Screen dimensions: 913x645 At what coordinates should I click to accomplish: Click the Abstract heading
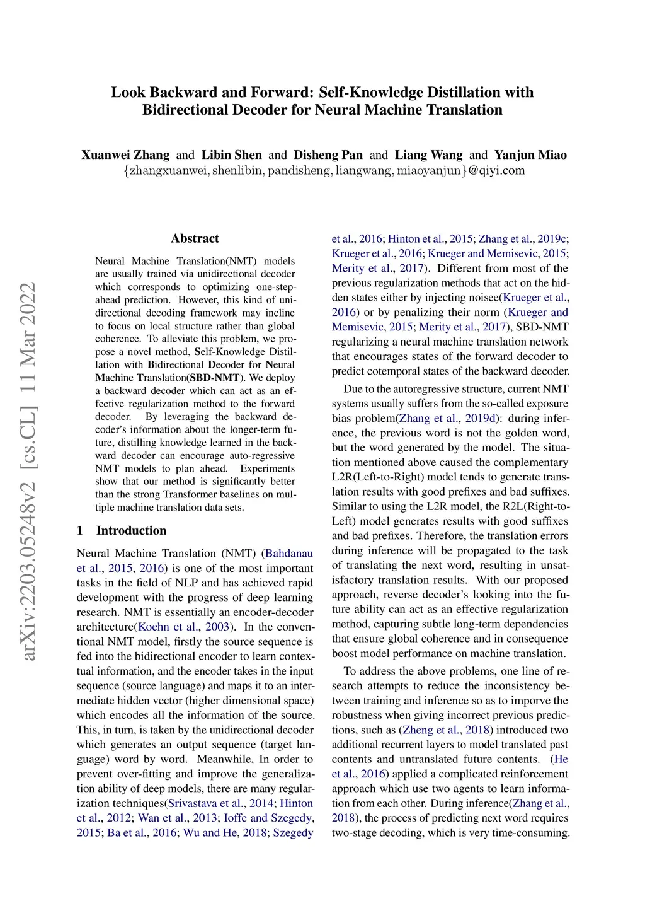(x=195, y=238)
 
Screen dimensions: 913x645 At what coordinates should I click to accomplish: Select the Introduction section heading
(x=131, y=530)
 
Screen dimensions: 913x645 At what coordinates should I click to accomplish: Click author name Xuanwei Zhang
(x=125, y=155)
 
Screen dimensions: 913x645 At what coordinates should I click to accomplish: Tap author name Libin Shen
(x=231, y=155)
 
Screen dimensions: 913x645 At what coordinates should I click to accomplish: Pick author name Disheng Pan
(x=328, y=155)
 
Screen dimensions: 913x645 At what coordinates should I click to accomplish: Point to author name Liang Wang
(x=428, y=155)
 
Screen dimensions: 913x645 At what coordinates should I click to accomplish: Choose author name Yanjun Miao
(x=530, y=155)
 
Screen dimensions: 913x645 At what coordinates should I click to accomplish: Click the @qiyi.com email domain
(x=496, y=170)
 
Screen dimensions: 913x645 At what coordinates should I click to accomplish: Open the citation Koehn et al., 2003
(x=183, y=627)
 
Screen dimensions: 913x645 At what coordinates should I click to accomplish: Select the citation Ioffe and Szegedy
(x=268, y=818)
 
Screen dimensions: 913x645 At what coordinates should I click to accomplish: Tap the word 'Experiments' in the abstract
(x=267, y=468)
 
